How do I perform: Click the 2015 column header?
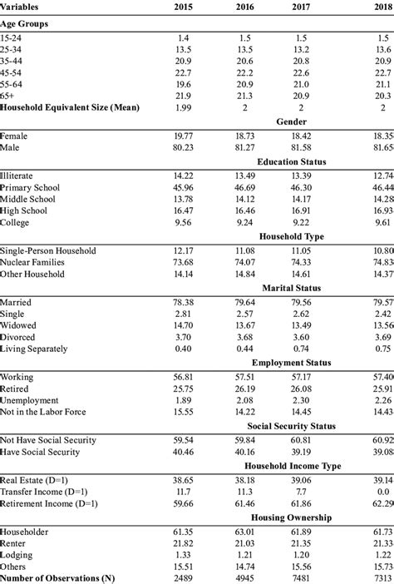(184, 7)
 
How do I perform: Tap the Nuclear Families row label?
(38, 261)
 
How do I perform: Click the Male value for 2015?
(185, 147)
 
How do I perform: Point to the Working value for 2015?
(185, 375)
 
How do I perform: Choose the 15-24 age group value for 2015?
(185, 37)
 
